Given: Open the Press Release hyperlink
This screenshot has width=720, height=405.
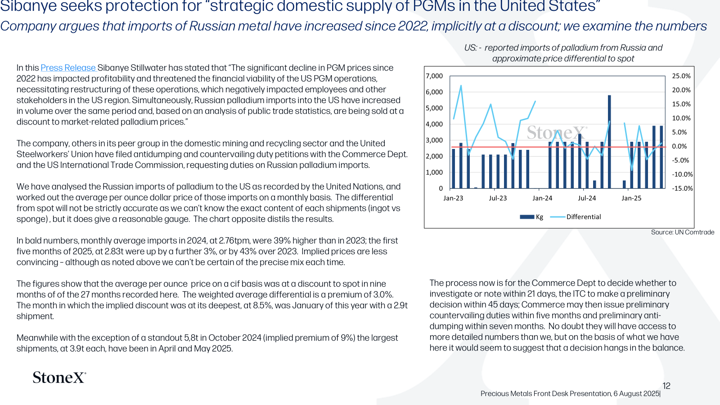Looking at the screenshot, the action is click(68, 68).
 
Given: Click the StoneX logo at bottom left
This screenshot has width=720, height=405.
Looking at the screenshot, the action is click(59, 378).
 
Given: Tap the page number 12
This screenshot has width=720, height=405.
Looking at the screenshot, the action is click(666, 386).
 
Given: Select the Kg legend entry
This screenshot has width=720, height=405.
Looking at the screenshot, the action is click(531, 217).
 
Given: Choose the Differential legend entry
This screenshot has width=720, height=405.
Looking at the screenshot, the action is click(576, 217).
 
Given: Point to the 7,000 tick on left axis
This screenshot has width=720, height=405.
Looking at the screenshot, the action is click(434, 76).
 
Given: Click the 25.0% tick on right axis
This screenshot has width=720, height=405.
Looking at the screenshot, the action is click(681, 76).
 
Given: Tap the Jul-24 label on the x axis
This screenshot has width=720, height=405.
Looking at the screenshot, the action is click(587, 198).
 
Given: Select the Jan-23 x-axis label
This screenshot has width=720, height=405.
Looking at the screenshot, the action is click(453, 198).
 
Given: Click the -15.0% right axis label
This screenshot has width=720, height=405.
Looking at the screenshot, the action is click(682, 189).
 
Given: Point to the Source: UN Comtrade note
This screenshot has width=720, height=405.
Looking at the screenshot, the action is click(682, 232).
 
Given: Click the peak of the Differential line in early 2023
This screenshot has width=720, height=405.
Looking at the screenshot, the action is click(461, 85).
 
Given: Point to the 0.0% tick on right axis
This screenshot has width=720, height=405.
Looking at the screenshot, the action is click(679, 146).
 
